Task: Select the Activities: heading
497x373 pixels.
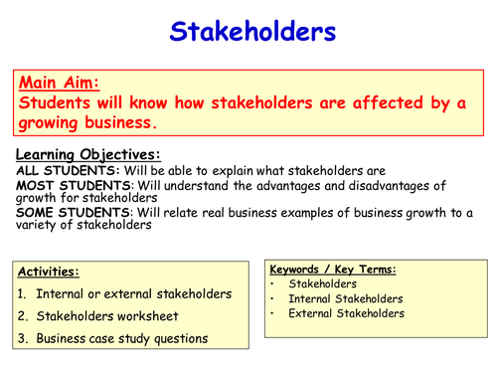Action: [50, 272]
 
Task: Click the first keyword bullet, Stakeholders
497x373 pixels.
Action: [324, 283]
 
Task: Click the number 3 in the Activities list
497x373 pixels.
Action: [21, 338]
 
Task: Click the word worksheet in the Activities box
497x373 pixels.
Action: [143, 316]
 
